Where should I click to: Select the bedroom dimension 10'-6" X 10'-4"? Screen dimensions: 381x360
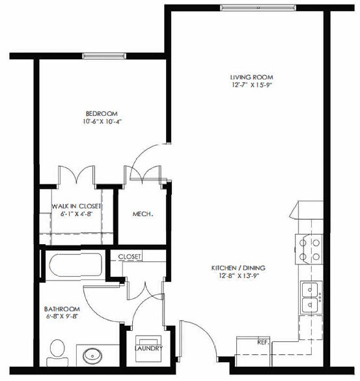103,121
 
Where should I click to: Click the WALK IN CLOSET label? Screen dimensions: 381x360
76,206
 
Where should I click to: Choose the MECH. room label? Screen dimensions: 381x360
143,214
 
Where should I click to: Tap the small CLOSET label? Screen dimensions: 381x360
130,257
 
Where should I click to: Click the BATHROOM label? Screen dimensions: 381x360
62,309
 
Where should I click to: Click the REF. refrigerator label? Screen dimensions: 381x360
262,341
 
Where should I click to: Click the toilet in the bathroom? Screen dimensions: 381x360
58,352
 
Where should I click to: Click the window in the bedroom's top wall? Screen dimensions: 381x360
101,56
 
